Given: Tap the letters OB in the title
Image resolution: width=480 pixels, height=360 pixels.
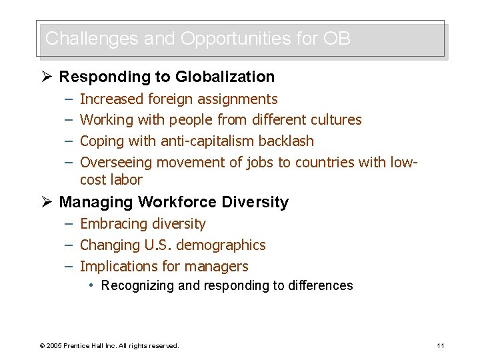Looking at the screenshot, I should (337, 39).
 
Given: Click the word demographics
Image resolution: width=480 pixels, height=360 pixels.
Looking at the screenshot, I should (221, 245).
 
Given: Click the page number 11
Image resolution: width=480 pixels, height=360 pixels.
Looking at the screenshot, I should (440, 345).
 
